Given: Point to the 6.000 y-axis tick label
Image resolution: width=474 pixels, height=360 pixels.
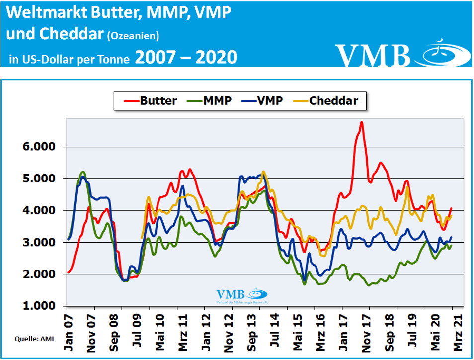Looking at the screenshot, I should pos(42,147).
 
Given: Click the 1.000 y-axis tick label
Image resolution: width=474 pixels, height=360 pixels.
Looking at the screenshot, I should pos(42,306).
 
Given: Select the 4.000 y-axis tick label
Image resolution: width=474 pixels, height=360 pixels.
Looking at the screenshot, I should pos(42,211).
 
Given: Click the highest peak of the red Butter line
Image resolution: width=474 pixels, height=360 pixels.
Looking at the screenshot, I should pos(361,122).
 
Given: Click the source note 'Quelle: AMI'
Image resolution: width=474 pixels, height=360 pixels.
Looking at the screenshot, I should pos(31,339).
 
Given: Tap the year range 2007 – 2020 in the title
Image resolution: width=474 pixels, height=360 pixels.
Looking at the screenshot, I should pos(186,57).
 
